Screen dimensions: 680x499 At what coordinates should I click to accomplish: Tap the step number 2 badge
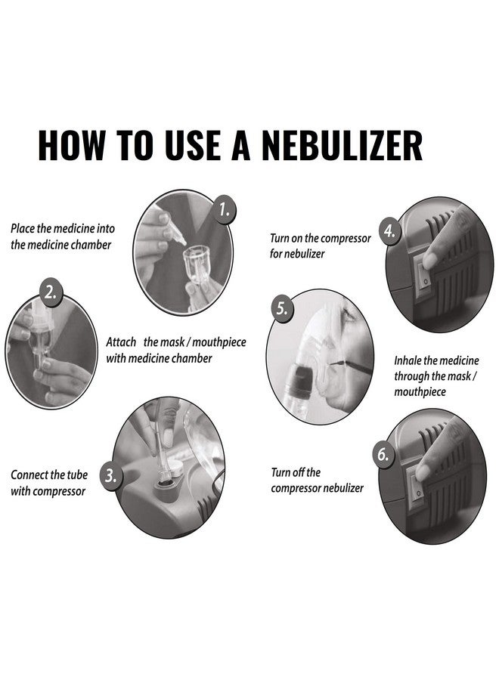(x=51, y=293)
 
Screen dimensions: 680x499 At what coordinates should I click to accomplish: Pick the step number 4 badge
(x=389, y=232)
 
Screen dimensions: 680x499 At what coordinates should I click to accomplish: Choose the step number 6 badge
(x=382, y=454)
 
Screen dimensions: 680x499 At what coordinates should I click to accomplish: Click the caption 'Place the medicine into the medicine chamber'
(x=62, y=236)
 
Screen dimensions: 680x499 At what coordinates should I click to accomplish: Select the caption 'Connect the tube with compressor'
(x=49, y=484)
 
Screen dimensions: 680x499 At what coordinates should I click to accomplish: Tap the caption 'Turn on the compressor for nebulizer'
(x=321, y=246)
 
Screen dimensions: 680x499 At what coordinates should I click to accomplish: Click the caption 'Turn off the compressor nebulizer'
(x=318, y=481)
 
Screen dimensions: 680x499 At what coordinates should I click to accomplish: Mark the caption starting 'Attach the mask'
(x=175, y=350)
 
